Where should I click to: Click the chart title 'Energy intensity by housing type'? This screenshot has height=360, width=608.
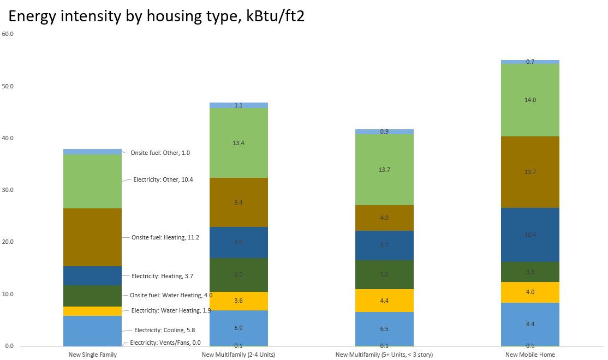[156, 16]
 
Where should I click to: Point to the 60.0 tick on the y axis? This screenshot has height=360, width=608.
[8, 34]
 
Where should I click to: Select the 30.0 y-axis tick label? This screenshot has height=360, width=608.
[8, 190]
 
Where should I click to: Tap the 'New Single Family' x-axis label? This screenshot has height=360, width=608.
[92, 355]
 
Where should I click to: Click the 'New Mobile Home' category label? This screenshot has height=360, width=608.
[529, 355]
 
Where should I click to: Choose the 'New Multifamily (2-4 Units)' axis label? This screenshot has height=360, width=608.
[238, 355]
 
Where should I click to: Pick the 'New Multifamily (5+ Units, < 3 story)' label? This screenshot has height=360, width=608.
[384, 355]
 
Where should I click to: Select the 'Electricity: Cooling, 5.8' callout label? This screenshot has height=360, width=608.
[164, 330]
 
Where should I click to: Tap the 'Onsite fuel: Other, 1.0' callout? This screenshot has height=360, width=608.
[160, 153]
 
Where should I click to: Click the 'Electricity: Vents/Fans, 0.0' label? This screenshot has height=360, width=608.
[165, 343]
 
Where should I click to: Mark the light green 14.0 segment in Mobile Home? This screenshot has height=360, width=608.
[530, 100]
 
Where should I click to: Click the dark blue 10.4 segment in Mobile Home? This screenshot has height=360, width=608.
[530, 235]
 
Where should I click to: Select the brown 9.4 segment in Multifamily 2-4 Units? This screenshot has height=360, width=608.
[239, 202]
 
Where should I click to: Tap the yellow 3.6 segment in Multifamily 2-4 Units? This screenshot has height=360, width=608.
[239, 301]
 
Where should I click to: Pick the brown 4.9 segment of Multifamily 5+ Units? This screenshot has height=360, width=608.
[384, 218]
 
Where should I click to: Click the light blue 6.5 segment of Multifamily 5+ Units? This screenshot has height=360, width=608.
[384, 329]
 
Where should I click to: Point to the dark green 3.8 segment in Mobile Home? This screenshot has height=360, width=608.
[530, 272]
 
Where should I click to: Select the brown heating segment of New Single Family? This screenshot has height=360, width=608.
[92, 237]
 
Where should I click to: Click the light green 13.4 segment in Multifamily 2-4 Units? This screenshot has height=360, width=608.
[239, 143]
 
